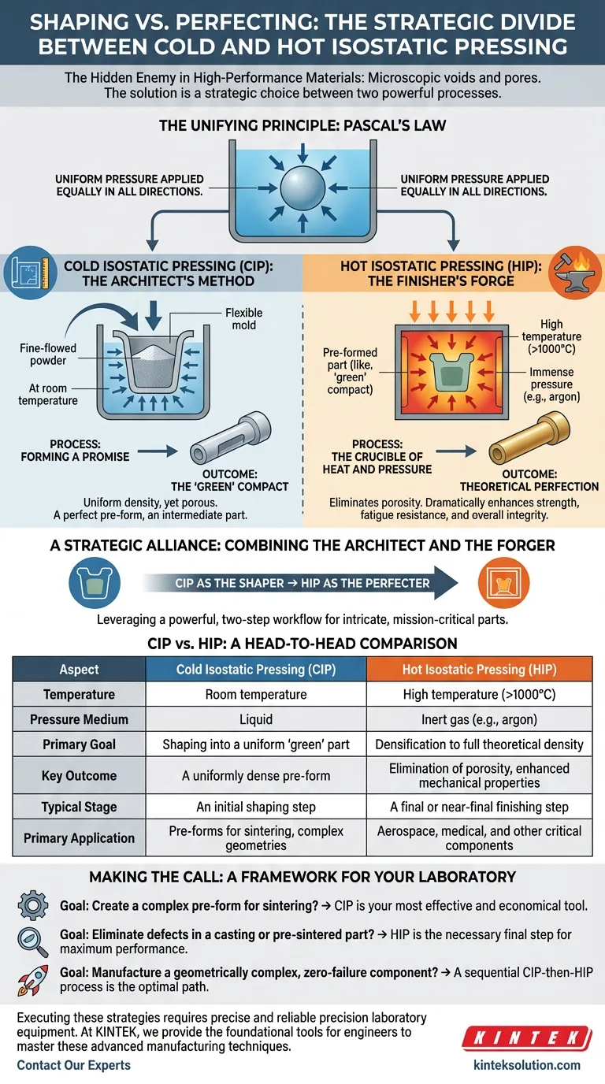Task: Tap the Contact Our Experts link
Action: pos(73,1065)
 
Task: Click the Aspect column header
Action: pos(79,669)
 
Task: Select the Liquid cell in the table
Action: pos(256,719)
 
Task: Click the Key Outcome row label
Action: pos(79,775)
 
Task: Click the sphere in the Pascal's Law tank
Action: pos(302,187)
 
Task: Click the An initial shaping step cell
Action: pos(256,807)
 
